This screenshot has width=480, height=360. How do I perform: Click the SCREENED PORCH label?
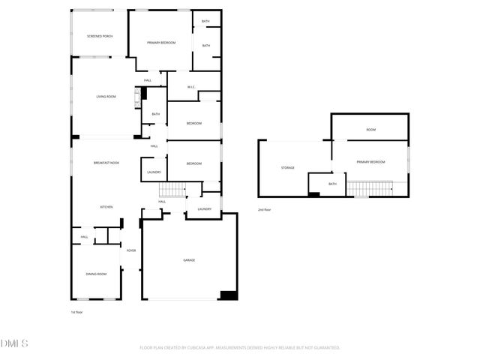click(99, 36)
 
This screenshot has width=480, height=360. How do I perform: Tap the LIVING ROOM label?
click(106, 97)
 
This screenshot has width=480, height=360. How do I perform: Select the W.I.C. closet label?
click(191, 87)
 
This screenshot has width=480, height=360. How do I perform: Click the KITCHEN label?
click(107, 207)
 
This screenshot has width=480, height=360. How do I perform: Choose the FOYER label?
click(131, 250)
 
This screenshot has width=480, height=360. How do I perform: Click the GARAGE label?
click(189, 260)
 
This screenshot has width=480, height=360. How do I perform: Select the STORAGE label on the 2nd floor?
click(288, 167)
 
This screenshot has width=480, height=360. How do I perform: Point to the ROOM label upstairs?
click(370, 130)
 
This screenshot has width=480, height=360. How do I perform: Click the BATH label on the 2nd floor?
click(332, 184)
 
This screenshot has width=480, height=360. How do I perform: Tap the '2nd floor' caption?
click(264, 210)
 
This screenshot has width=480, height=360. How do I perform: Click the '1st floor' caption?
click(76, 312)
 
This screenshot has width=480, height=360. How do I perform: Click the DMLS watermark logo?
click(14, 343)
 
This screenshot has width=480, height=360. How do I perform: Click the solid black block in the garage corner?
click(229, 295)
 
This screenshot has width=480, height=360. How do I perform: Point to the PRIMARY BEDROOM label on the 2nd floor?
click(370, 162)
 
